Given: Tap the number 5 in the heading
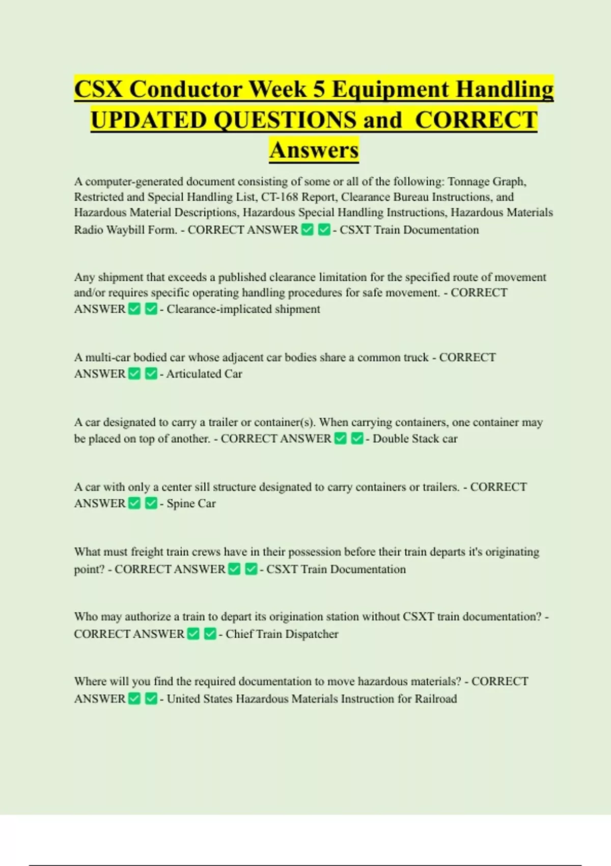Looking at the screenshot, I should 319,89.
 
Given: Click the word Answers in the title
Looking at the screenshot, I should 314,150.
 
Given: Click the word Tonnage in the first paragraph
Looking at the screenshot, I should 469,182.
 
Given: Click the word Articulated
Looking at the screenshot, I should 193,374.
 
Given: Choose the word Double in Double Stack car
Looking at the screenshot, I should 390,439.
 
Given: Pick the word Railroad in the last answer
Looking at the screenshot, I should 436,699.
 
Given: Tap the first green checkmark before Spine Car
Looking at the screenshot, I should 134,503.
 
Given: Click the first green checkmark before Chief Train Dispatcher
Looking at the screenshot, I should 193,634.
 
